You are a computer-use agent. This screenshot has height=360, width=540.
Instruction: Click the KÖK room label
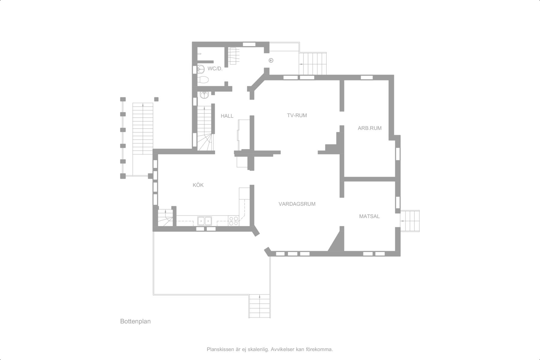pyautogui.click(x=198, y=185)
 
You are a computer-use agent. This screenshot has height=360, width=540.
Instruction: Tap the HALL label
pyautogui.click(x=227, y=116)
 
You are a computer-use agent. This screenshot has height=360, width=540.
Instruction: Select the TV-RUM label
pyautogui.click(x=297, y=115)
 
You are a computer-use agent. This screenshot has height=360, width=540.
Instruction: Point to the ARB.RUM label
pyautogui.click(x=370, y=128)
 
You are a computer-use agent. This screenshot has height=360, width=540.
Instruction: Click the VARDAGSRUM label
pyautogui.click(x=297, y=204)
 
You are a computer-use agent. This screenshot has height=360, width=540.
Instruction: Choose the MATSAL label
pyautogui.click(x=369, y=216)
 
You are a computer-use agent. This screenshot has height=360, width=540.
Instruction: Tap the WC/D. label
pyautogui.click(x=215, y=69)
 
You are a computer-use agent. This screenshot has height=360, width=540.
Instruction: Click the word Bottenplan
pyautogui.click(x=135, y=321)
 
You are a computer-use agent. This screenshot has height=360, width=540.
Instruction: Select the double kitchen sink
pyautogui.click(x=205, y=221)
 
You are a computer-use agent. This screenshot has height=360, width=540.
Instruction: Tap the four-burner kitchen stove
pyautogui.click(x=233, y=221)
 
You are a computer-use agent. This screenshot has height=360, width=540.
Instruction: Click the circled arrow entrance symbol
pyautogui.click(x=271, y=61)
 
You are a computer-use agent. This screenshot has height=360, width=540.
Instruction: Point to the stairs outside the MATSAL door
pyautogui.click(x=410, y=221)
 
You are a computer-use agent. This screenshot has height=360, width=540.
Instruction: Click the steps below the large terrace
pyautogui.click(x=260, y=306)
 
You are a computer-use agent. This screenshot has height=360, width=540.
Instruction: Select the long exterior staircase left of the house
pyautogui.click(x=143, y=129)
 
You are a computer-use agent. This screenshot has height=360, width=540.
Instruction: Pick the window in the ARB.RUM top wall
pyautogui.click(x=367, y=77)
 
